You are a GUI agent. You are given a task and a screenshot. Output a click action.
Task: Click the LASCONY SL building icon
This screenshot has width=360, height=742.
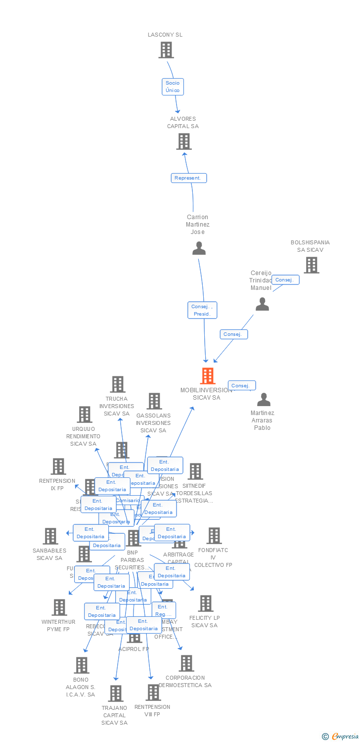pyautogui.click(x=166, y=50)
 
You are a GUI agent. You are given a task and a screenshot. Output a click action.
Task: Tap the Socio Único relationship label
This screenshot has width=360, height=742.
pyautogui.click(x=173, y=87)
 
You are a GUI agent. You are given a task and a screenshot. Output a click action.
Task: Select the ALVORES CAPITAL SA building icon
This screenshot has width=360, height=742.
pyautogui.click(x=184, y=141)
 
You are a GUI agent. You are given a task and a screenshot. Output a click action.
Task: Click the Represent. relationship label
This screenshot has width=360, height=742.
pyautogui.click(x=189, y=178)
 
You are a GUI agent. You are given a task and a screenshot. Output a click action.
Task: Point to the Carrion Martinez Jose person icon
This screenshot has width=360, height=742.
pyautogui.click(x=199, y=248)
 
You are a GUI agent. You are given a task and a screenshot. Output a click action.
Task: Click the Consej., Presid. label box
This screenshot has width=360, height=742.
pyautogui.click(x=202, y=310)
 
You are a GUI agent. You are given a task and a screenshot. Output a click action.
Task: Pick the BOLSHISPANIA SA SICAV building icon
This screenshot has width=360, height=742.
pyautogui.click(x=311, y=265)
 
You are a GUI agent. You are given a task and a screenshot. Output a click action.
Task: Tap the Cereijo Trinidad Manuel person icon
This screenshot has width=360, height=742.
pyautogui.click(x=262, y=304)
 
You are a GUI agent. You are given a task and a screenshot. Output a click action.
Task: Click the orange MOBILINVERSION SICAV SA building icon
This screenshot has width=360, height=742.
pyautogui.click(x=208, y=376)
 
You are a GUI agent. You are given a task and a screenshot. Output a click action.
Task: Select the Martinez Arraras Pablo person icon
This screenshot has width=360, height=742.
pyautogui.click(x=264, y=400)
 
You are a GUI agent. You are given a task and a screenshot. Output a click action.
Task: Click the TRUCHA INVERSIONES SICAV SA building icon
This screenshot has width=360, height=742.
pyautogui.click(x=118, y=384)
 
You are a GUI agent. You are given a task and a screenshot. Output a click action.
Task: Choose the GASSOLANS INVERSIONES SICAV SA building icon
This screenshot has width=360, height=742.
pyautogui.click(x=154, y=401)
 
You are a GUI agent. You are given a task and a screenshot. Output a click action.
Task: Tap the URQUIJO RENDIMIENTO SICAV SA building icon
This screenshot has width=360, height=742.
pyautogui.click(x=85, y=415)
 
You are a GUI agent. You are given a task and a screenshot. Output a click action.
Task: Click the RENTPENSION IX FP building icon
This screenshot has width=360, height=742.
pyautogui.click(x=58, y=466)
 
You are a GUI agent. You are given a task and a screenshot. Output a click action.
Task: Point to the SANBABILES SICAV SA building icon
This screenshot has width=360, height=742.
pyautogui.click(x=50, y=536)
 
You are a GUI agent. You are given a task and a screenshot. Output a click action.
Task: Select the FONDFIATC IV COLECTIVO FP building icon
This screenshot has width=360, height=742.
pyautogui.click(x=214, y=536)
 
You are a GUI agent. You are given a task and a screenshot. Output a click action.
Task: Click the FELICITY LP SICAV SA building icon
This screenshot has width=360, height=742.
pyautogui.click(x=206, y=603)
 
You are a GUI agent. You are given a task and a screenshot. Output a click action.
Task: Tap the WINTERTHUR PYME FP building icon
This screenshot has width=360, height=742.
pyautogui.click(x=59, y=607)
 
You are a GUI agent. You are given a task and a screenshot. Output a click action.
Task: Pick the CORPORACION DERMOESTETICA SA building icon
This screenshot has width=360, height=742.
pyautogui.click(x=186, y=663)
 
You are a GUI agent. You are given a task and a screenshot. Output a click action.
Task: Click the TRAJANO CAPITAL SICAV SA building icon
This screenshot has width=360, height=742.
pyautogui.click(x=116, y=694)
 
